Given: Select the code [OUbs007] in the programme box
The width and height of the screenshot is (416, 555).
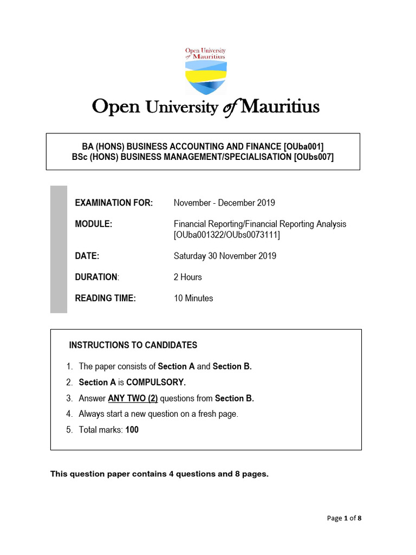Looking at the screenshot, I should [x=314, y=157].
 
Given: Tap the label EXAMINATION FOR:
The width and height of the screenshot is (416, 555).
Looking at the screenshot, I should [x=114, y=203].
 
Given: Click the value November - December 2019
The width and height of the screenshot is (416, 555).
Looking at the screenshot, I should [x=224, y=203].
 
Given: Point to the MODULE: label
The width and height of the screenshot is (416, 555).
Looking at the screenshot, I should [x=94, y=224].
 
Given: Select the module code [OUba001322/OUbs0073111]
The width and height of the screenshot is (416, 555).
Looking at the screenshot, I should [x=227, y=235].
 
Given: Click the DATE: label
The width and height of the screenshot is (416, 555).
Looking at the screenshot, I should [x=87, y=256].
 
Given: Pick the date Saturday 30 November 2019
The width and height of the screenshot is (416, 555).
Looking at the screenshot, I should [x=225, y=256].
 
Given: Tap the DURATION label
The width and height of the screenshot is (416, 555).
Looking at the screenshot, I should [x=96, y=277].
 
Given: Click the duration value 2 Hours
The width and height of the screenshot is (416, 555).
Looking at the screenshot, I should [x=187, y=277].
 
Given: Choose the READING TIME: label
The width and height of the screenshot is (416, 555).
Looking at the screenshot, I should [x=106, y=298].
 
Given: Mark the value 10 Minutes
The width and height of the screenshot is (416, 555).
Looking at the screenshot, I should [x=193, y=298].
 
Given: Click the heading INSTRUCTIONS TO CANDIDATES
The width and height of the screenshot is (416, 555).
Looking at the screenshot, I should [x=133, y=345].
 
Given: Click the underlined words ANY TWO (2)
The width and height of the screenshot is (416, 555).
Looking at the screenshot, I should [x=133, y=398].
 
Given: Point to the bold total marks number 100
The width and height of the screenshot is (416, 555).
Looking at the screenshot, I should [x=132, y=430].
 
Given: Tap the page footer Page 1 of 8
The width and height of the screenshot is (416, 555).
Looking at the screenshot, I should [x=344, y=518].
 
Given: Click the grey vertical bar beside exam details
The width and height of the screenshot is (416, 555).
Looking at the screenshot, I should [x=58, y=249].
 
